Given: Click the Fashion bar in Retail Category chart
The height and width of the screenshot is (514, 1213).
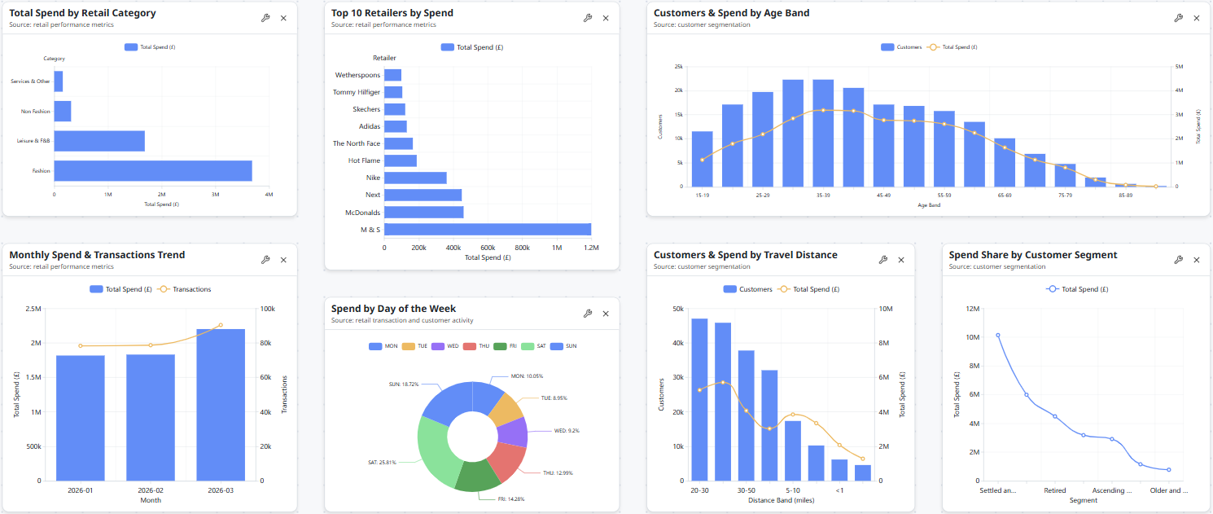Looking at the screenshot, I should click(x=153, y=170).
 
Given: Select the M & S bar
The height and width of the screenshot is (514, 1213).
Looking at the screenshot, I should click(x=487, y=230).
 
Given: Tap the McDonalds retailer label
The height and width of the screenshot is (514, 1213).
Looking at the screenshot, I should click(x=361, y=213).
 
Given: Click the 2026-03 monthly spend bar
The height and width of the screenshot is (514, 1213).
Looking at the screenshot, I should click(x=221, y=404).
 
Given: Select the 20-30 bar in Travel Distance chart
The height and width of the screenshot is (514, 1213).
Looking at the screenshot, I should click(x=699, y=399).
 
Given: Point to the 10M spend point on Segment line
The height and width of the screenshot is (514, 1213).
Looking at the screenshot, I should click(x=998, y=335).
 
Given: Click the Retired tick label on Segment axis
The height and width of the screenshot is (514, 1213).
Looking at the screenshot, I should click(x=1055, y=490).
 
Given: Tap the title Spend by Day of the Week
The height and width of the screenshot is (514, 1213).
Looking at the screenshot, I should click(x=393, y=309).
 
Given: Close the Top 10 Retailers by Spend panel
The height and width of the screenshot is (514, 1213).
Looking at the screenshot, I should click(x=606, y=18).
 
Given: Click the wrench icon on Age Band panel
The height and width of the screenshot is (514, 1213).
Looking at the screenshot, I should click(x=1178, y=18).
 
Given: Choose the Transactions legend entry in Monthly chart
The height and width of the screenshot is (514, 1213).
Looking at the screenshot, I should click(x=186, y=289).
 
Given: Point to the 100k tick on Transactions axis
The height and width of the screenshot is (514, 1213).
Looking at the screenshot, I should click(x=266, y=309).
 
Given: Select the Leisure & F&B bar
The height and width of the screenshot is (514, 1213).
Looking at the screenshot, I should click(x=99, y=141).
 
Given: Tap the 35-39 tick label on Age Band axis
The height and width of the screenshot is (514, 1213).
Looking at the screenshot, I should click(x=822, y=195).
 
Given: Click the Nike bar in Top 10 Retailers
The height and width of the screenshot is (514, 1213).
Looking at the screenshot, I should click(x=415, y=178).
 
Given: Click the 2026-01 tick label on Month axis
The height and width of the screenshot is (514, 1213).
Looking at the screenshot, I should click(x=81, y=490).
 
